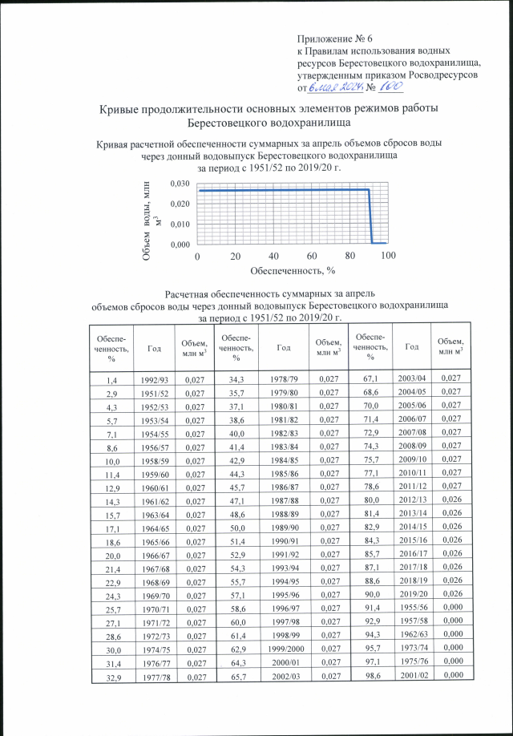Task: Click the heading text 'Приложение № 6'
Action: pyautogui.click(x=335, y=38)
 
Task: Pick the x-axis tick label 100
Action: pyautogui.click(x=388, y=256)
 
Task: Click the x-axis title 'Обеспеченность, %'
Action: pyautogui.click(x=290, y=271)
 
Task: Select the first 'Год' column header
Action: pyautogui.click(x=153, y=346)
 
